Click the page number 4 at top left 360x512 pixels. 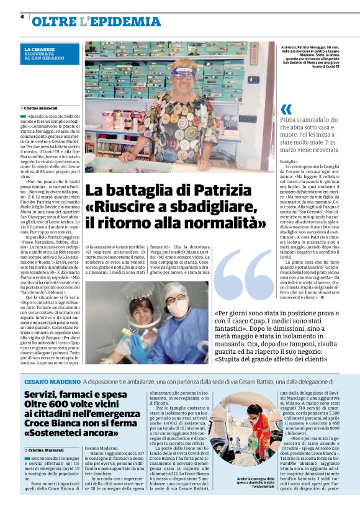22,16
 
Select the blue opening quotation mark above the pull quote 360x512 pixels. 286,110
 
